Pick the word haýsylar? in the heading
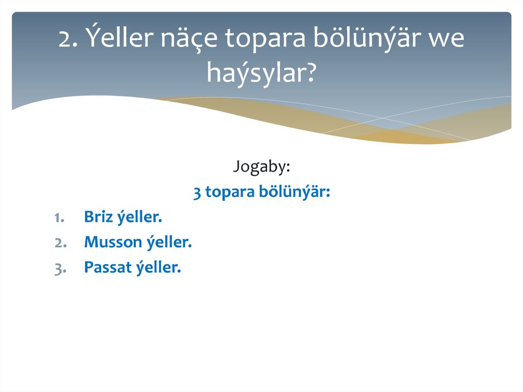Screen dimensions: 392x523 click(261, 73)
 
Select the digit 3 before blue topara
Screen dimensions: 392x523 click(197, 193)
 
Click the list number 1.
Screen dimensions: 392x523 click(58, 218)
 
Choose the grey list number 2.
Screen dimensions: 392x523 click(59, 242)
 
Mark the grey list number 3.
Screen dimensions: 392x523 click(59, 267)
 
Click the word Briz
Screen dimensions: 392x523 click(98, 218)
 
